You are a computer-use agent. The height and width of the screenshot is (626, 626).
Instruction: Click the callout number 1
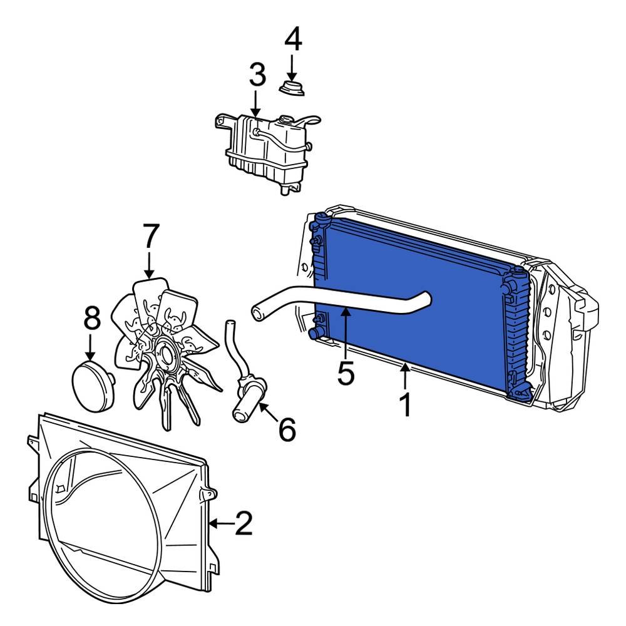point(406,405)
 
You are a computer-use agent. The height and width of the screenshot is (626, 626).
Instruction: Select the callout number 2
point(243,523)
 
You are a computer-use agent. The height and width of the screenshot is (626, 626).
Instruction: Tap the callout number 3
point(257,75)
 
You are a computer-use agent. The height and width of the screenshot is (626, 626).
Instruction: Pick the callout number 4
point(293,40)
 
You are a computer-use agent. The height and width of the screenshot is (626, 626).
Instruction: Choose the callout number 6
point(287,429)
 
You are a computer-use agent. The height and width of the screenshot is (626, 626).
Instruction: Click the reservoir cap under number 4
point(292,88)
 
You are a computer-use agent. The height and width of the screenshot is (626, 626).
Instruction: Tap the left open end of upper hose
point(257,311)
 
